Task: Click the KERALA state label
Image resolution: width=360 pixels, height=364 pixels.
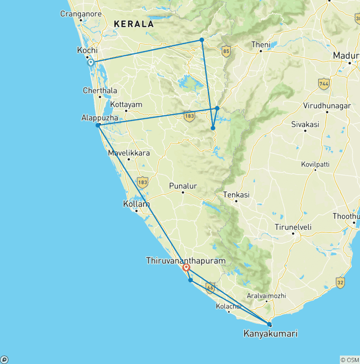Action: pos(135,24)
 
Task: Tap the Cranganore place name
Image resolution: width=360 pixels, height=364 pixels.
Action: pos(81,14)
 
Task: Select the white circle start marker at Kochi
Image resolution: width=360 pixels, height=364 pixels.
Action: pos(91,62)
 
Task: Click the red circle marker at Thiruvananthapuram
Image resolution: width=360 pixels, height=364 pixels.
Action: pos(186,268)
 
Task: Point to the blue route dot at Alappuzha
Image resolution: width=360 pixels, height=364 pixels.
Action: pos(97,125)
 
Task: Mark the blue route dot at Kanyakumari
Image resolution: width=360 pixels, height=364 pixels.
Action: pos(269,324)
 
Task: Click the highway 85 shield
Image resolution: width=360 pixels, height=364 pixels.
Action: pos(226,52)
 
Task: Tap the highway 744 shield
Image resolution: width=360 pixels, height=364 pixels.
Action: pos(323,84)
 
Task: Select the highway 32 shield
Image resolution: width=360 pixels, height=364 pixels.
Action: pos(340,282)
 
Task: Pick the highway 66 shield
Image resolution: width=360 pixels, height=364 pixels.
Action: pos(210,288)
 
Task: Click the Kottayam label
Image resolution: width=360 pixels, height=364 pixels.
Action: pos(127,105)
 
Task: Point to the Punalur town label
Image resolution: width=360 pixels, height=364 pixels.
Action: pos(183,186)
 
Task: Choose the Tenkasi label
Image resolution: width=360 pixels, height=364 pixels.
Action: pos(236,195)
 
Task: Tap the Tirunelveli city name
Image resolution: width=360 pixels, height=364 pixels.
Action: pos(293,227)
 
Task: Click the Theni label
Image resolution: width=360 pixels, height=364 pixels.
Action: pos(261,45)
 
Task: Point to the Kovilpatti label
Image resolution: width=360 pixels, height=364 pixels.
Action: pos(315,164)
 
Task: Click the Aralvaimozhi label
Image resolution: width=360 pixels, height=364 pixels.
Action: pos(266,296)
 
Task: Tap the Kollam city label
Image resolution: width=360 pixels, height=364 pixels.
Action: pos(136,205)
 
